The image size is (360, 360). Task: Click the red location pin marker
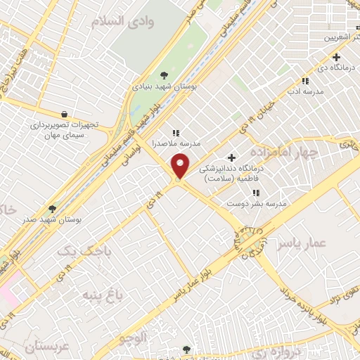tap(181, 167)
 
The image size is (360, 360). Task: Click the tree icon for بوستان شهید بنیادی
tap(164, 75)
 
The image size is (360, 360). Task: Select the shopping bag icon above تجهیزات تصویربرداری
tap(64, 114)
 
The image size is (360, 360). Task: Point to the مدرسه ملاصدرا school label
tap(176, 143)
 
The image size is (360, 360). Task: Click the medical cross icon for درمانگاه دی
tap(337, 57)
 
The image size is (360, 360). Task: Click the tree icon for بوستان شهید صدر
tap(52, 209)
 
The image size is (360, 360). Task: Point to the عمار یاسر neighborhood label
tap(302, 243)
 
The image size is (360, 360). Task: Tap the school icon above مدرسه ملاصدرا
tap(176, 131)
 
